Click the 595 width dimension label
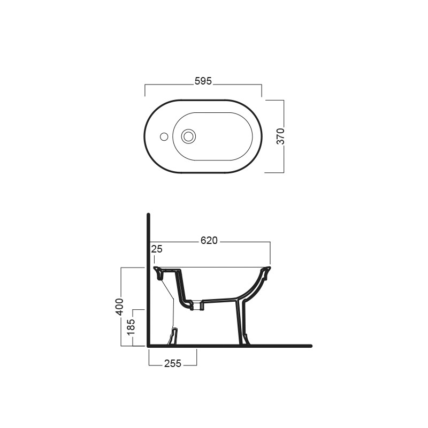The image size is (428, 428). (203, 81)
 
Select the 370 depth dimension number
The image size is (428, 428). (280, 136)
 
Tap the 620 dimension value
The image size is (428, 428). (209, 240)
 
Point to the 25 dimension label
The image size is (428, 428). (157, 249)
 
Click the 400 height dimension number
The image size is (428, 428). (119, 307)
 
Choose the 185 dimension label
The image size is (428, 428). (131, 327)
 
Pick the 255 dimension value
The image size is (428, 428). (173, 364)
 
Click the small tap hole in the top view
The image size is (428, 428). (164, 136)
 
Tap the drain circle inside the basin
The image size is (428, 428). (188, 136)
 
